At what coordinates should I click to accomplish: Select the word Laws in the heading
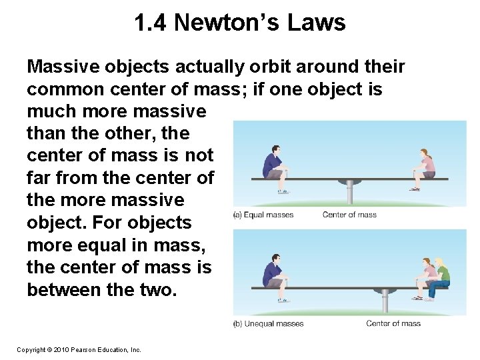pyautogui.click(x=317, y=23)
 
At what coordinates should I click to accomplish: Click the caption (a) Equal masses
pyautogui.click(x=263, y=215)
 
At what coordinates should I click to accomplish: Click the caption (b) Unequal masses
pyautogui.click(x=269, y=323)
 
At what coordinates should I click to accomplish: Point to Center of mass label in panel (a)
pyautogui.click(x=349, y=215)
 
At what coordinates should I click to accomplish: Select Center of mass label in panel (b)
pyautogui.click(x=393, y=323)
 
